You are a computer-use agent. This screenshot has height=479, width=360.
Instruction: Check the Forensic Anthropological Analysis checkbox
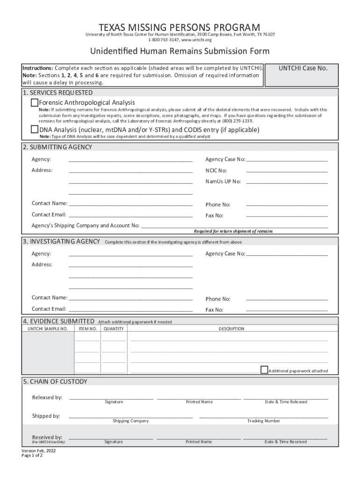click(35, 102)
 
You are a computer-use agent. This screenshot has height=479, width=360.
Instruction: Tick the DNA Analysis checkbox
click(35, 130)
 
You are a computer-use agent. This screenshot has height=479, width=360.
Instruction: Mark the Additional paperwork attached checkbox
click(264, 370)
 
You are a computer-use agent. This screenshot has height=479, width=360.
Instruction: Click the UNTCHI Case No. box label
click(303, 69)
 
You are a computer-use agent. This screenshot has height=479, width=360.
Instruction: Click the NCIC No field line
click(287, 170)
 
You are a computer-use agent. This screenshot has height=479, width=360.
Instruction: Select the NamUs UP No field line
click(287, 181)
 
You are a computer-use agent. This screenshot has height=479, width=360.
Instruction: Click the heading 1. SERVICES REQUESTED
click(58, 93)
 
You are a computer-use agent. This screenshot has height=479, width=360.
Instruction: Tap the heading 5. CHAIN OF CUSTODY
click(55, 382)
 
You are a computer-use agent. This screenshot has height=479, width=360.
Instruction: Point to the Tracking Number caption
click(264, 421)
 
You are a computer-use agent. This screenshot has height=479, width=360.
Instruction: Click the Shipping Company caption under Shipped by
click(130, 421)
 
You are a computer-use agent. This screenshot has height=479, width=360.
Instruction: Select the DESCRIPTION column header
click(231, 329)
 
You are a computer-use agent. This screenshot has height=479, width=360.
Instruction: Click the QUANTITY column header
click(114, 329)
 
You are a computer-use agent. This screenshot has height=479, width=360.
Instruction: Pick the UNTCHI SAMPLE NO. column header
click(48, 329)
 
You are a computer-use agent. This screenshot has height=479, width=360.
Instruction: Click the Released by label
click(47, 398)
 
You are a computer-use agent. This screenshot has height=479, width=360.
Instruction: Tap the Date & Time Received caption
click(286, 442)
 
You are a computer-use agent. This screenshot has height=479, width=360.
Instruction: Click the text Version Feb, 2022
click(38, 450)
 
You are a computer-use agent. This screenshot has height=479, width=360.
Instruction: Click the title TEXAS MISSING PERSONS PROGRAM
click(180, 27)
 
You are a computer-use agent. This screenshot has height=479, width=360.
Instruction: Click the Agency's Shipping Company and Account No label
click(86, 225)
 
